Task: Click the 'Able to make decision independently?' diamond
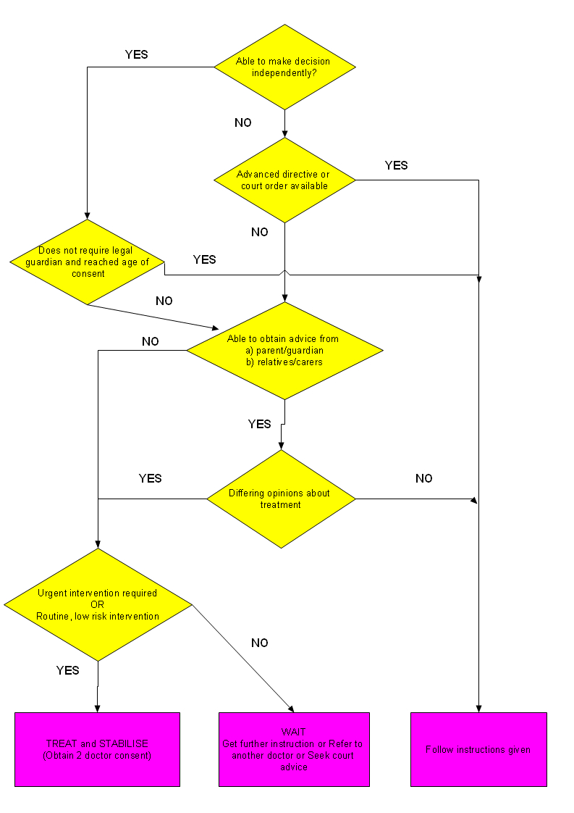(284, 67)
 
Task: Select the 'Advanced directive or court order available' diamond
(284, 180)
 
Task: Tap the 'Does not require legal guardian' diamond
(87, 262)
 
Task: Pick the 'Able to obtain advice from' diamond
(284, 350)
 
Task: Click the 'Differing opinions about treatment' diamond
(281, 499)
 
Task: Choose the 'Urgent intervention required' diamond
(98, 604)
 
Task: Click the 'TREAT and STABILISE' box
(97, 749)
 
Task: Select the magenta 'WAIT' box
(294, 749)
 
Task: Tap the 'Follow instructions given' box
(478, 749)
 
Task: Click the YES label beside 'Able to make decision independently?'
(136, 54)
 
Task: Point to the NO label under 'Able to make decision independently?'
(243, 123)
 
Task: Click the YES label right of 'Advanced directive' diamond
(396, 166)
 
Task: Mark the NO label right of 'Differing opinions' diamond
(423, 479)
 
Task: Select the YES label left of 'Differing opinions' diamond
(150, 479)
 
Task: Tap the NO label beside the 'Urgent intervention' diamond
(260, 643)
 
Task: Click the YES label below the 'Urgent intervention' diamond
(67, 671)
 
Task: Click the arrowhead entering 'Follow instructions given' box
(478, 708)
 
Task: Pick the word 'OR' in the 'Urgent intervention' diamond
(98, 604)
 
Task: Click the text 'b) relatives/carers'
(284, 362)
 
